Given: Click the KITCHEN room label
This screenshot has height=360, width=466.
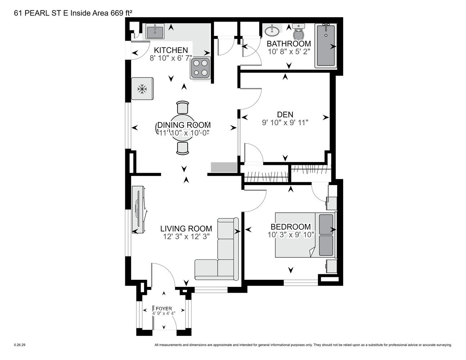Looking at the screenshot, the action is (171, 50).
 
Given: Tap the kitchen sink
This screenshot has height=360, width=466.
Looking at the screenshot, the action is (155, 31).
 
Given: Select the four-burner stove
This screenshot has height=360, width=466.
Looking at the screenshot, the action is (200, 68).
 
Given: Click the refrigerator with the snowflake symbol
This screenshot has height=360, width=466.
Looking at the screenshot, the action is (142, 89).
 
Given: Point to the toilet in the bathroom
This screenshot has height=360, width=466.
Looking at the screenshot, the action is (298, 31).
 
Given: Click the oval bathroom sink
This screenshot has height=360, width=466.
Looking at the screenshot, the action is (272, 31).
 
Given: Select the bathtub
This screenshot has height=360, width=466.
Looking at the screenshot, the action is (326, 45).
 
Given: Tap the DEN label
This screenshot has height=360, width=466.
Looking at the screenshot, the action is (285, 114).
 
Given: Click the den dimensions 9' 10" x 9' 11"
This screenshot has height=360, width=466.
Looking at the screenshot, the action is (285, 122).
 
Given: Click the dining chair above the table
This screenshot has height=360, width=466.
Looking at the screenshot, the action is (183, 107).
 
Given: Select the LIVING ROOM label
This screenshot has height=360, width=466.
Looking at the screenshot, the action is (186, 229).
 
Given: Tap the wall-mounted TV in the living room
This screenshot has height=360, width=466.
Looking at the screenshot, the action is (139, 210).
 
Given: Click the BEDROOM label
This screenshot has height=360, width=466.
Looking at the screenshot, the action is (291, 227).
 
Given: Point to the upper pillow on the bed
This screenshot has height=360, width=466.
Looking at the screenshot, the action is (326, 224).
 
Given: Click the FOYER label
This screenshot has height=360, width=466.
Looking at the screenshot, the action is (163, 309).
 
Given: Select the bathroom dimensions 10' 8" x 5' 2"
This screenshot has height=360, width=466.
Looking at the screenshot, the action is (289, 51).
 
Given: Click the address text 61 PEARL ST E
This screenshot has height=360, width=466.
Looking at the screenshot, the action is (41, 13).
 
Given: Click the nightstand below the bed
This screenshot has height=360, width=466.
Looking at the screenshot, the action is (331, 266).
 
